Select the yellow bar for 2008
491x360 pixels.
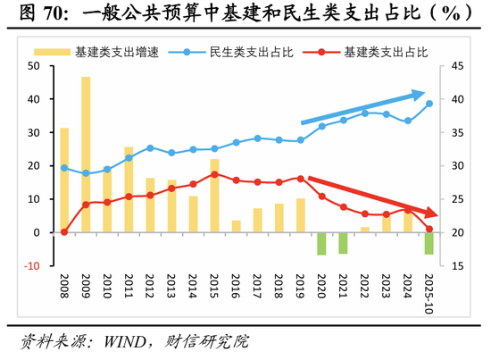pyautogui.click(x=64, y=180)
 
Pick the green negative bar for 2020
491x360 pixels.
pyautogui.click(x=321, y=244)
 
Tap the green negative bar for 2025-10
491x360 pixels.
pyautogui.click(x=429, y=243)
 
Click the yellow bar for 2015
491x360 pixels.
pyautogui.click(x=214, y=196)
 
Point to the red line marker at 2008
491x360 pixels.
pyautogui.click(x=64, y=232)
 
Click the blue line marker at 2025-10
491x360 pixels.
pyautogui.click(x=429, y=104)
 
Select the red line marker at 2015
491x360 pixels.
pyautogui.click(x=214, y=174)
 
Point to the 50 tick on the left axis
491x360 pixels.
pyautogui.click(x=34, y=66)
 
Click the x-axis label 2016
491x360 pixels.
pyautogui.click(x=237, y=290)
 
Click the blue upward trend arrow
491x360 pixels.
pyautogui.click(x=362, y=107)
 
